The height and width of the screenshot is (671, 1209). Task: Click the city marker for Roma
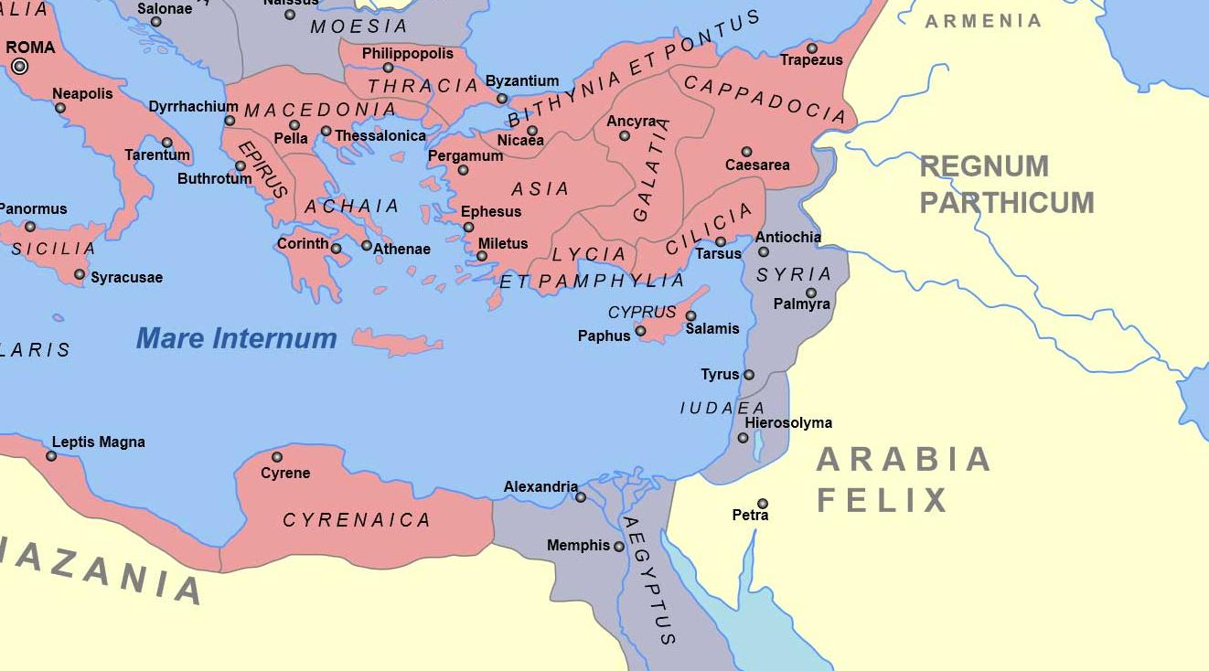[19, 66]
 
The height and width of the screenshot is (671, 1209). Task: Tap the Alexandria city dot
[581, 497]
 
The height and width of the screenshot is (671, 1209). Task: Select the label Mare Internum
[236, 338]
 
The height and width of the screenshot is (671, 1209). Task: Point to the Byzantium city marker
[501, 99]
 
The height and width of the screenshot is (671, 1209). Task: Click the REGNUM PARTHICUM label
[1006, 184]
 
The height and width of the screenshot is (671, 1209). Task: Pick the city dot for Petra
[763, 504]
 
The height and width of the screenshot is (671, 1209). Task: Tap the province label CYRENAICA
[356, 520]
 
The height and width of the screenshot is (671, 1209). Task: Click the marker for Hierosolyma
[744, 438]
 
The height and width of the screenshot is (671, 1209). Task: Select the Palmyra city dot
[811, 293]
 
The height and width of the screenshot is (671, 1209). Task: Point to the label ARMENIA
[983, 21]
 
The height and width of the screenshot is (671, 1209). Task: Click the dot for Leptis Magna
[51, 456]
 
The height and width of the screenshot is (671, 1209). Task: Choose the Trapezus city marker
[812, 48]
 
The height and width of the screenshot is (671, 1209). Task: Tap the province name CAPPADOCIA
[765, 99]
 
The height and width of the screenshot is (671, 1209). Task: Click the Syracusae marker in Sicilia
[80, 274]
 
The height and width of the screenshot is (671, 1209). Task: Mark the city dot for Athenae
[367, 245]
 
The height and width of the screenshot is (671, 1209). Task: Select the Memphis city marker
[619, 547]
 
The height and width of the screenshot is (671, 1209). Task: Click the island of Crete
[398, 344]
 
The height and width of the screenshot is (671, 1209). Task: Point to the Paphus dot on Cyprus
[640, 332]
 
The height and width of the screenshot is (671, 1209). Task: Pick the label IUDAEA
[722, 408]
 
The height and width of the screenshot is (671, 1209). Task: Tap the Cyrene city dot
[277, 457]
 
